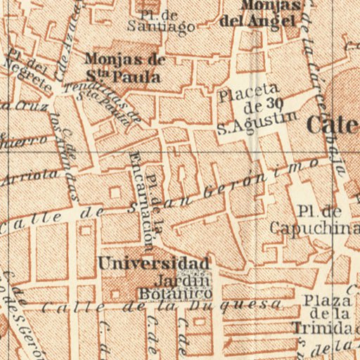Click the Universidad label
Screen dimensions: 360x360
[x=153, y=264]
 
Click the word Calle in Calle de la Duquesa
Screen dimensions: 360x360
[x=63, y=307]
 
